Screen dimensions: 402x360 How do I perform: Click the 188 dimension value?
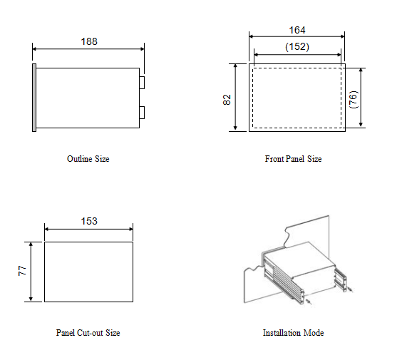point(89,41)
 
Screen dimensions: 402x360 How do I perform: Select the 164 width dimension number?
point(297,30)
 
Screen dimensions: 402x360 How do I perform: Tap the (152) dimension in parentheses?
point(297,46)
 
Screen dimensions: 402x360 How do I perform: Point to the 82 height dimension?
point(227,100)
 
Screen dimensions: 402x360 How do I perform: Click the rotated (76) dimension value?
point(354,100)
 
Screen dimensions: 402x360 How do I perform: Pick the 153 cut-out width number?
point(89,221)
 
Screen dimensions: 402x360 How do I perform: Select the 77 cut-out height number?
point(22,270)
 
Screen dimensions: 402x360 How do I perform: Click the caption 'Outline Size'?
point(88,159)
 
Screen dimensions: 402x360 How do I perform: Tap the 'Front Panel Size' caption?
point(293,159)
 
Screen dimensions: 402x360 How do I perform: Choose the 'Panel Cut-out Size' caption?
point(88,333)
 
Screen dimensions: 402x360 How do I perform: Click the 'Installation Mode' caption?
point(293,333)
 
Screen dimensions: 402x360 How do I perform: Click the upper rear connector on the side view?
point(142,83)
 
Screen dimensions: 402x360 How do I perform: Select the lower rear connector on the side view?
point(142,113)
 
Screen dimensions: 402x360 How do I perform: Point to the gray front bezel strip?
point(34,98)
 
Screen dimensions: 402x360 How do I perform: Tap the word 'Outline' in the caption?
point(80,159)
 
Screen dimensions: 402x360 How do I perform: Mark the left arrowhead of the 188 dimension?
point(35,48)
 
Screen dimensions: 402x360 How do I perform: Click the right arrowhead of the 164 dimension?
point(342,36)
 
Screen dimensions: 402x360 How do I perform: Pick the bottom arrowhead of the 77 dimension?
point(31,299)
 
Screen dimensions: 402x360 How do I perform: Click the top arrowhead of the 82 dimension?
point(236,66)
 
